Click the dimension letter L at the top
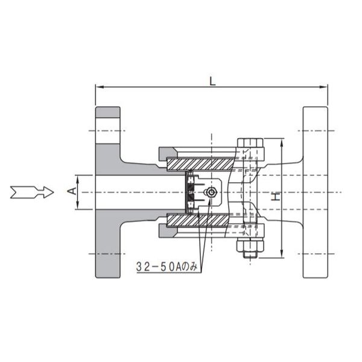pos(212,81)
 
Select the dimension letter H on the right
pos(276,197)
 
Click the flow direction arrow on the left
pos(32,192)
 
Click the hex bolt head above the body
pos(250,142)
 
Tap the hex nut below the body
pos(250,245)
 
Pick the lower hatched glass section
pos(198,220)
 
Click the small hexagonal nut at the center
pos(211,192)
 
